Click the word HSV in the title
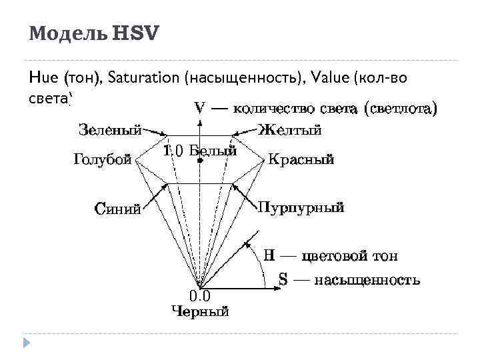coord(136,34)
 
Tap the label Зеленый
coord(109,130)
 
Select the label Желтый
coord(290,130)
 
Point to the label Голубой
coord(101,160)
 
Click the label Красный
coord(301,160)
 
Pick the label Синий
coord(118,209)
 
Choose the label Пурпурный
coord(301,207)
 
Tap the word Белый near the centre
coord(213,151)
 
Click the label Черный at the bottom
coord(200,311)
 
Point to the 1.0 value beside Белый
coord(173,151)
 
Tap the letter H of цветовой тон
coord(269,255)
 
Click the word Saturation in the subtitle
coord(151,78)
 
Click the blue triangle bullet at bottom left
coord(27,343)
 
